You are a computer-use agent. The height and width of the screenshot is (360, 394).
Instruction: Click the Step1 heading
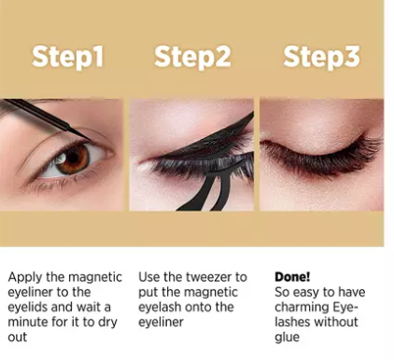coord(67,56)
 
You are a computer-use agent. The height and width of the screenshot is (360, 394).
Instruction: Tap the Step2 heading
coord(192,56)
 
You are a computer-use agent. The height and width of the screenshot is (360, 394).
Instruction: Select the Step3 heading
coord(321,56)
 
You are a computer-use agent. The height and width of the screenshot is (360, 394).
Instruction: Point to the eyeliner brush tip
coord(88,138)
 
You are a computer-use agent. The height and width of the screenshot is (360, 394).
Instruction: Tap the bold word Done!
coord(292,277)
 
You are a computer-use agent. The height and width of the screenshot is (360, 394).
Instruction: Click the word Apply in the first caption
coord(25,278)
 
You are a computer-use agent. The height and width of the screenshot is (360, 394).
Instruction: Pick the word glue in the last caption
coord(287,338)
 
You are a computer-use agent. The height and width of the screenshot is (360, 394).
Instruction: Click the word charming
coord(302,308)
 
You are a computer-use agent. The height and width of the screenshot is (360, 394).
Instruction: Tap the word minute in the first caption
coord(27,322)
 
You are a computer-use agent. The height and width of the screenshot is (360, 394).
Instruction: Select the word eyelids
coord(27,308)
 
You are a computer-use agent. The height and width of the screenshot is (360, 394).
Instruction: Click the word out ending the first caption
coord(18,338)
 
